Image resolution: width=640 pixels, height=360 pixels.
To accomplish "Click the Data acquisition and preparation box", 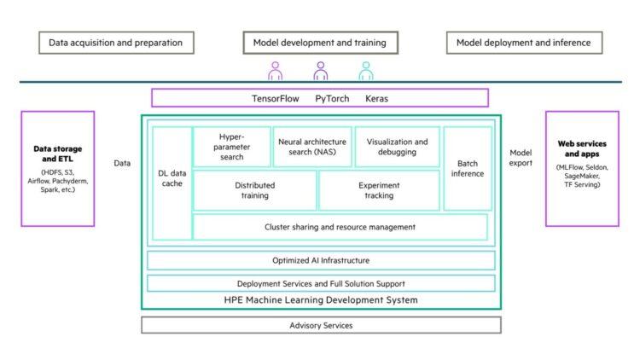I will [115, 42].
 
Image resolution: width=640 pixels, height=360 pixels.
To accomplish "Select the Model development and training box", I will [320, 42].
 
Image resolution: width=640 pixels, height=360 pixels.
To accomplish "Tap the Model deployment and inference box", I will [523, 42].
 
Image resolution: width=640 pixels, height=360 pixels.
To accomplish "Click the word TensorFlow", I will [276, 98].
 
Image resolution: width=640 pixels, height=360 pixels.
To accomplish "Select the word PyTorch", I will [332, 98].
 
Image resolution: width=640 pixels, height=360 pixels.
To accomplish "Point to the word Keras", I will [376, 98].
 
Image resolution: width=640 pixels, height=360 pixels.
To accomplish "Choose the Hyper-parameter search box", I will [232, 147].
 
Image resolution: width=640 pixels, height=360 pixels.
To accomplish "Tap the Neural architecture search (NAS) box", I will [311, 147].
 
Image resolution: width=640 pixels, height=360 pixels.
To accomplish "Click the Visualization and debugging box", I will [397, 147].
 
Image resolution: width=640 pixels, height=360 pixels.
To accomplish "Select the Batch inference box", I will [468, 168].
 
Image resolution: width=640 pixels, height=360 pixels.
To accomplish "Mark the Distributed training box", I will [254, 189].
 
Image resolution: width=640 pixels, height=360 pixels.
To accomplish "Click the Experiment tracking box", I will [379, 189].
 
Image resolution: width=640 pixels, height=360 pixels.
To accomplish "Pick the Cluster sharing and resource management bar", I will [340, 227].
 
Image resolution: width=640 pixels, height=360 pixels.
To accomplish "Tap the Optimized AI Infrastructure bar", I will [321, 260].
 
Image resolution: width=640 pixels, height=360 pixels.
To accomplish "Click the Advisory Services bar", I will [321, 325].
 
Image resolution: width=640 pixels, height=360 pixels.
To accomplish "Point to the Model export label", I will [521, 158].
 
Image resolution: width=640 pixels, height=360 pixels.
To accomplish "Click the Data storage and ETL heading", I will [58, 154].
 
